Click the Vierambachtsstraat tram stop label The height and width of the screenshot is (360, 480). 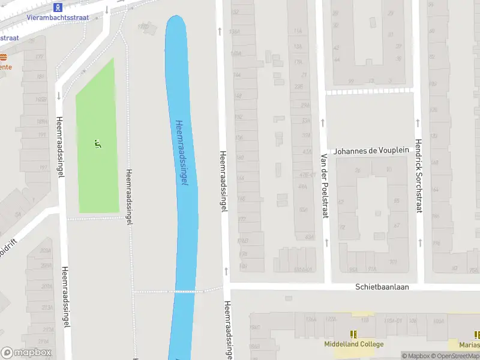pyautogui.click(x=58, y=17)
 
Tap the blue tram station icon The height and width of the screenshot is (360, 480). pyautogui.click(x=58, y=7)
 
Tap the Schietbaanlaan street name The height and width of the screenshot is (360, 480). pyautogui.click(x=382, y=287)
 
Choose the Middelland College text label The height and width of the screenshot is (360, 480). pyautogui.click(x=353, y=344)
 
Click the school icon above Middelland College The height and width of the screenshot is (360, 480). pyautogui.click(x=353, y=334)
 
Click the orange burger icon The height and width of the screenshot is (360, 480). pyautogui.click(x=3, y=57)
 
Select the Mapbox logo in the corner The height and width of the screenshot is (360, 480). pyautogui.click(x=26, y=353)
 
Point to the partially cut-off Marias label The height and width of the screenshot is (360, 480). pyautogui.click(x=469, y=344)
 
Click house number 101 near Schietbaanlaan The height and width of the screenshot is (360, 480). pyautogui.click(x=394, y=262)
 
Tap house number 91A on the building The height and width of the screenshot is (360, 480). pyautogui.click(x=372, y=269)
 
